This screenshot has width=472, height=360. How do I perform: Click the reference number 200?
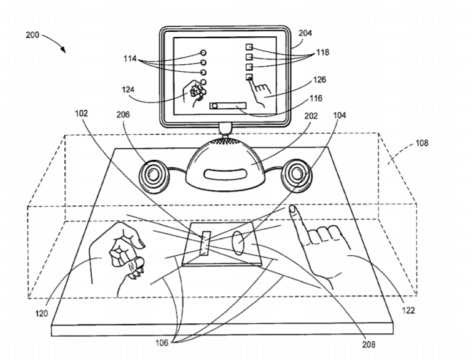[32, 35]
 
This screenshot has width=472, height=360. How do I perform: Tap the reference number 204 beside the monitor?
[305, 33]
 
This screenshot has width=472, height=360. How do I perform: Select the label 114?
[130, 59]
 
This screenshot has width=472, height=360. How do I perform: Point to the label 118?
[322, 52]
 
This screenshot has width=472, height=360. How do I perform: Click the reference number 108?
[421, 143]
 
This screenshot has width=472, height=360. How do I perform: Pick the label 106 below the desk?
[162, 343]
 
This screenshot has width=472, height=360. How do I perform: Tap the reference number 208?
[368, 344]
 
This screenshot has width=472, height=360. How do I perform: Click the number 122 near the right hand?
[408, 310]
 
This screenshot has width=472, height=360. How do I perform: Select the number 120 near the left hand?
[41, 314]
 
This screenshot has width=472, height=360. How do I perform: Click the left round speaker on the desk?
[154, 175]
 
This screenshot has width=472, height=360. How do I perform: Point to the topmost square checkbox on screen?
[249, 47]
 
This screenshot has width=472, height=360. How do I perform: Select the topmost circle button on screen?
[203, 53]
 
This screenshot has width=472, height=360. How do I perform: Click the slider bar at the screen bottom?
[228, 106]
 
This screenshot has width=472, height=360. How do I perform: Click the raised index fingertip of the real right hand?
[292, 208]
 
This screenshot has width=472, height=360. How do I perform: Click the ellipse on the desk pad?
[238, 243]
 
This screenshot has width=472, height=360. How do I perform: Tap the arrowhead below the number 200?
[62, 49]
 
